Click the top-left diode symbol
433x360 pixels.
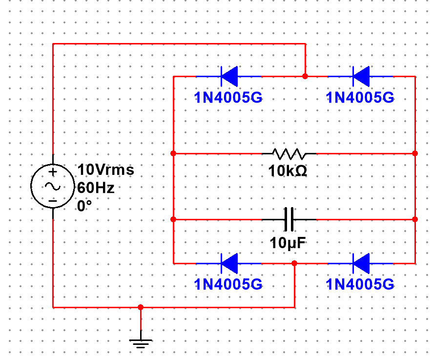coord(229,76)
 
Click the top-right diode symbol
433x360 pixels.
coord(361,76)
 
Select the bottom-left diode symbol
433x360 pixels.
coord(229,263)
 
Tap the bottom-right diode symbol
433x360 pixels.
coord(361,263)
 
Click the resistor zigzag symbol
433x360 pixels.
coord(289,154)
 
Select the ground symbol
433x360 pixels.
coord(141,342)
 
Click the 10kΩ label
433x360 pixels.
coord(288,171)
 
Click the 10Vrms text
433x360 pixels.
coord(105,170)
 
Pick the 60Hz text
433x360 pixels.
coord(96,188)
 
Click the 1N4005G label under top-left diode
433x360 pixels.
coord(228,98)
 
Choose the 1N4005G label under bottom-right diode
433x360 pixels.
coord(360,285)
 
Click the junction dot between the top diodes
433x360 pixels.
coord(306,76)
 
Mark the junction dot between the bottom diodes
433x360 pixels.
coord(294,263)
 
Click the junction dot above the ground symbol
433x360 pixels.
coord(141,307)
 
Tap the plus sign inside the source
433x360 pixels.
coord(53,172)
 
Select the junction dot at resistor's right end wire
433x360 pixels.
coord(414,153)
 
